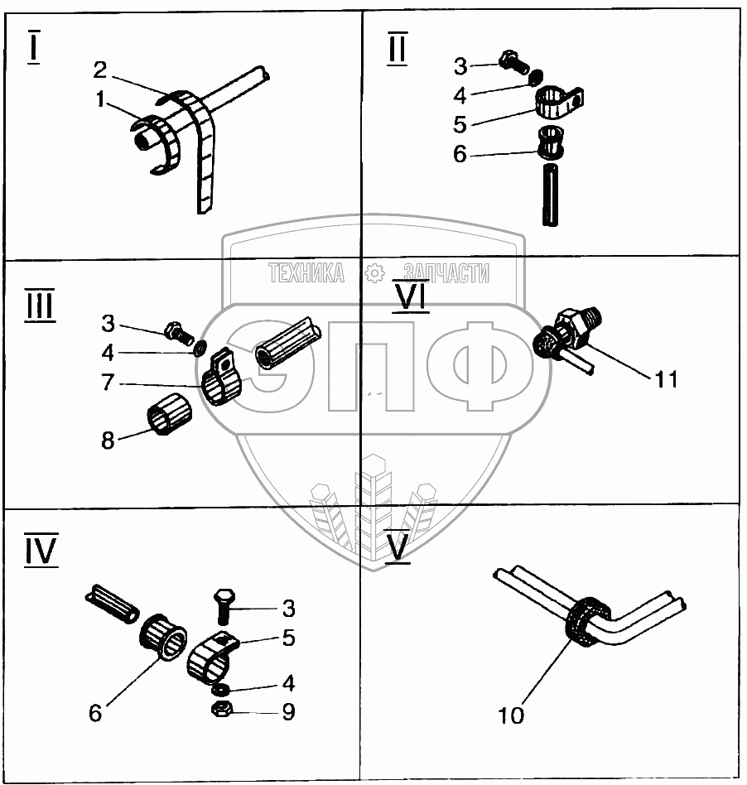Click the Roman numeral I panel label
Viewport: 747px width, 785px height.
pos(34,48)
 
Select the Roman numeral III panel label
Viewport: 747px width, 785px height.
pos(39,306)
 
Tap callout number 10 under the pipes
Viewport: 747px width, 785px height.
pos(512,715)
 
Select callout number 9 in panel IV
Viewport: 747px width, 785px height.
pos(288,711)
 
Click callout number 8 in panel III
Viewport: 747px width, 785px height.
pos(108,440)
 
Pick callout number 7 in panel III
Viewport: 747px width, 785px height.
pos(108,385)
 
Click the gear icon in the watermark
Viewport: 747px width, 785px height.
pos(374,272)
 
